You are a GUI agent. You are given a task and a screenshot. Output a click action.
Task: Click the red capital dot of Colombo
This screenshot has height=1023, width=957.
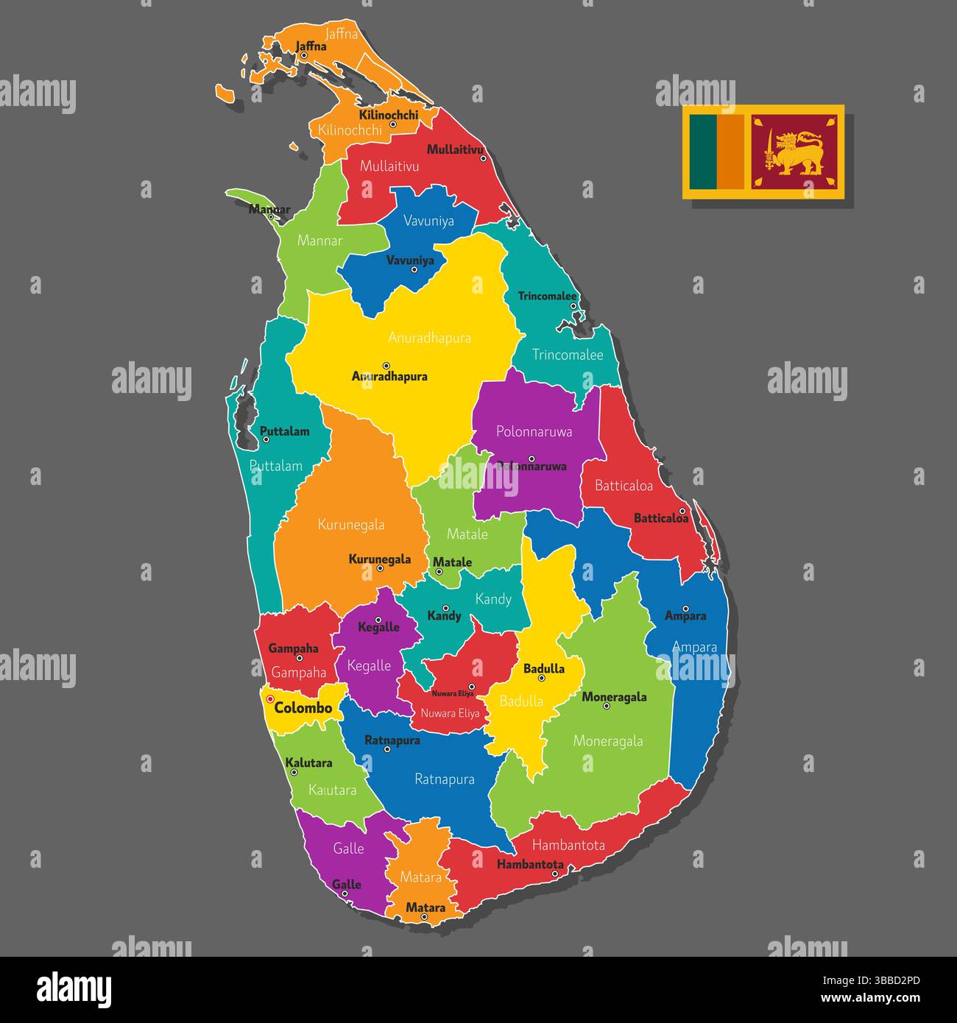[270, 699]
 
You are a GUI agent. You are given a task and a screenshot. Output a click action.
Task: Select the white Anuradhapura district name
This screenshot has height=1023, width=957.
[429, 338]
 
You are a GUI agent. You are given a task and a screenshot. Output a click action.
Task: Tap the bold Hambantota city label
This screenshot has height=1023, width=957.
[530, 865]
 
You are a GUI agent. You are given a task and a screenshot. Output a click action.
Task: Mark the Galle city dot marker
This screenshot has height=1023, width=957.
[345, 894]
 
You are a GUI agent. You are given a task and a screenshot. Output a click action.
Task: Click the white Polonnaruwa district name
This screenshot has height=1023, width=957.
[534, 431]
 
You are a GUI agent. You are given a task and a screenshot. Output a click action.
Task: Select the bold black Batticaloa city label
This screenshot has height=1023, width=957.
[661, 518]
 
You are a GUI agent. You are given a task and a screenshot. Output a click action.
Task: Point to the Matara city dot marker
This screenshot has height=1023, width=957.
[424, 917]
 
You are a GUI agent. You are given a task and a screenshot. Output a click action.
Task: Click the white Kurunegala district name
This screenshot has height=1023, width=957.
[351, 525]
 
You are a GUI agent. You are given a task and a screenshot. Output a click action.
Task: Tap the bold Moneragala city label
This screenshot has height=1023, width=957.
[614, 696]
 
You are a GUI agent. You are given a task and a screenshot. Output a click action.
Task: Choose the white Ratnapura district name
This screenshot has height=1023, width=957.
[444, 779]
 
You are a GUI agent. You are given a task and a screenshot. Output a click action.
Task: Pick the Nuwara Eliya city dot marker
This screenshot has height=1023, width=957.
[472, 687]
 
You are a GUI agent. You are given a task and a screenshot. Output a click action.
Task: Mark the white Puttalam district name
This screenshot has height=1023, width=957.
[275, 466]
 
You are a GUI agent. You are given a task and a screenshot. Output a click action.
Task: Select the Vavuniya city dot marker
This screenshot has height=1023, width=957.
[414, 269]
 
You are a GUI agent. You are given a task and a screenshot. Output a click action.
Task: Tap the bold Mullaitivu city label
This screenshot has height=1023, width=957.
[454, 149]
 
